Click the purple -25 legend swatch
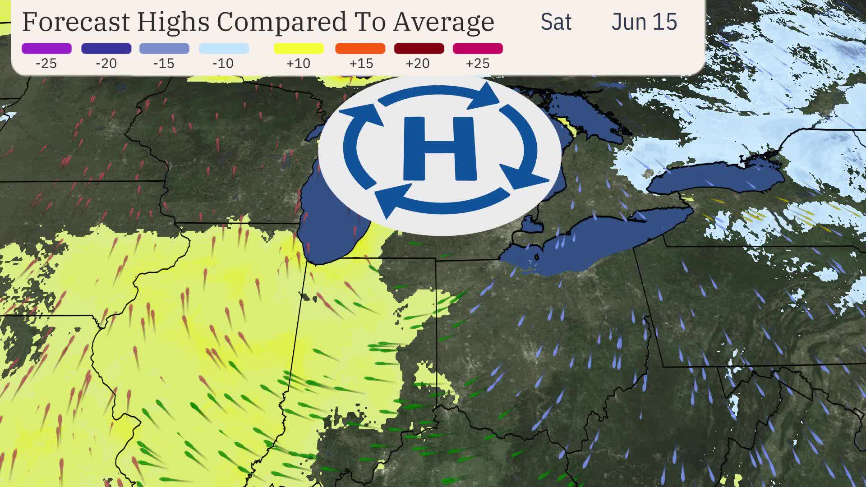(46, 48)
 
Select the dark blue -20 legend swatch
(106, 48)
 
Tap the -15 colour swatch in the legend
(164, 48)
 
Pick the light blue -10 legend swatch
(224, 48)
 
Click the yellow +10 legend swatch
(299, 48)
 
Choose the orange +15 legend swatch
(360, 48)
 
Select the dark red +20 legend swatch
(419, 48)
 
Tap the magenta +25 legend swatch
(478, 48)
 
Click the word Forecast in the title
(76, 21)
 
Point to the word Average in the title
(443, 21)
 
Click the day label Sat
(556, 22)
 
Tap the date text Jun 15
(644, 22)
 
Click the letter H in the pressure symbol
(439, 148)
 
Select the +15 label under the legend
(361, 64)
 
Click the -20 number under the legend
(106, 64)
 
